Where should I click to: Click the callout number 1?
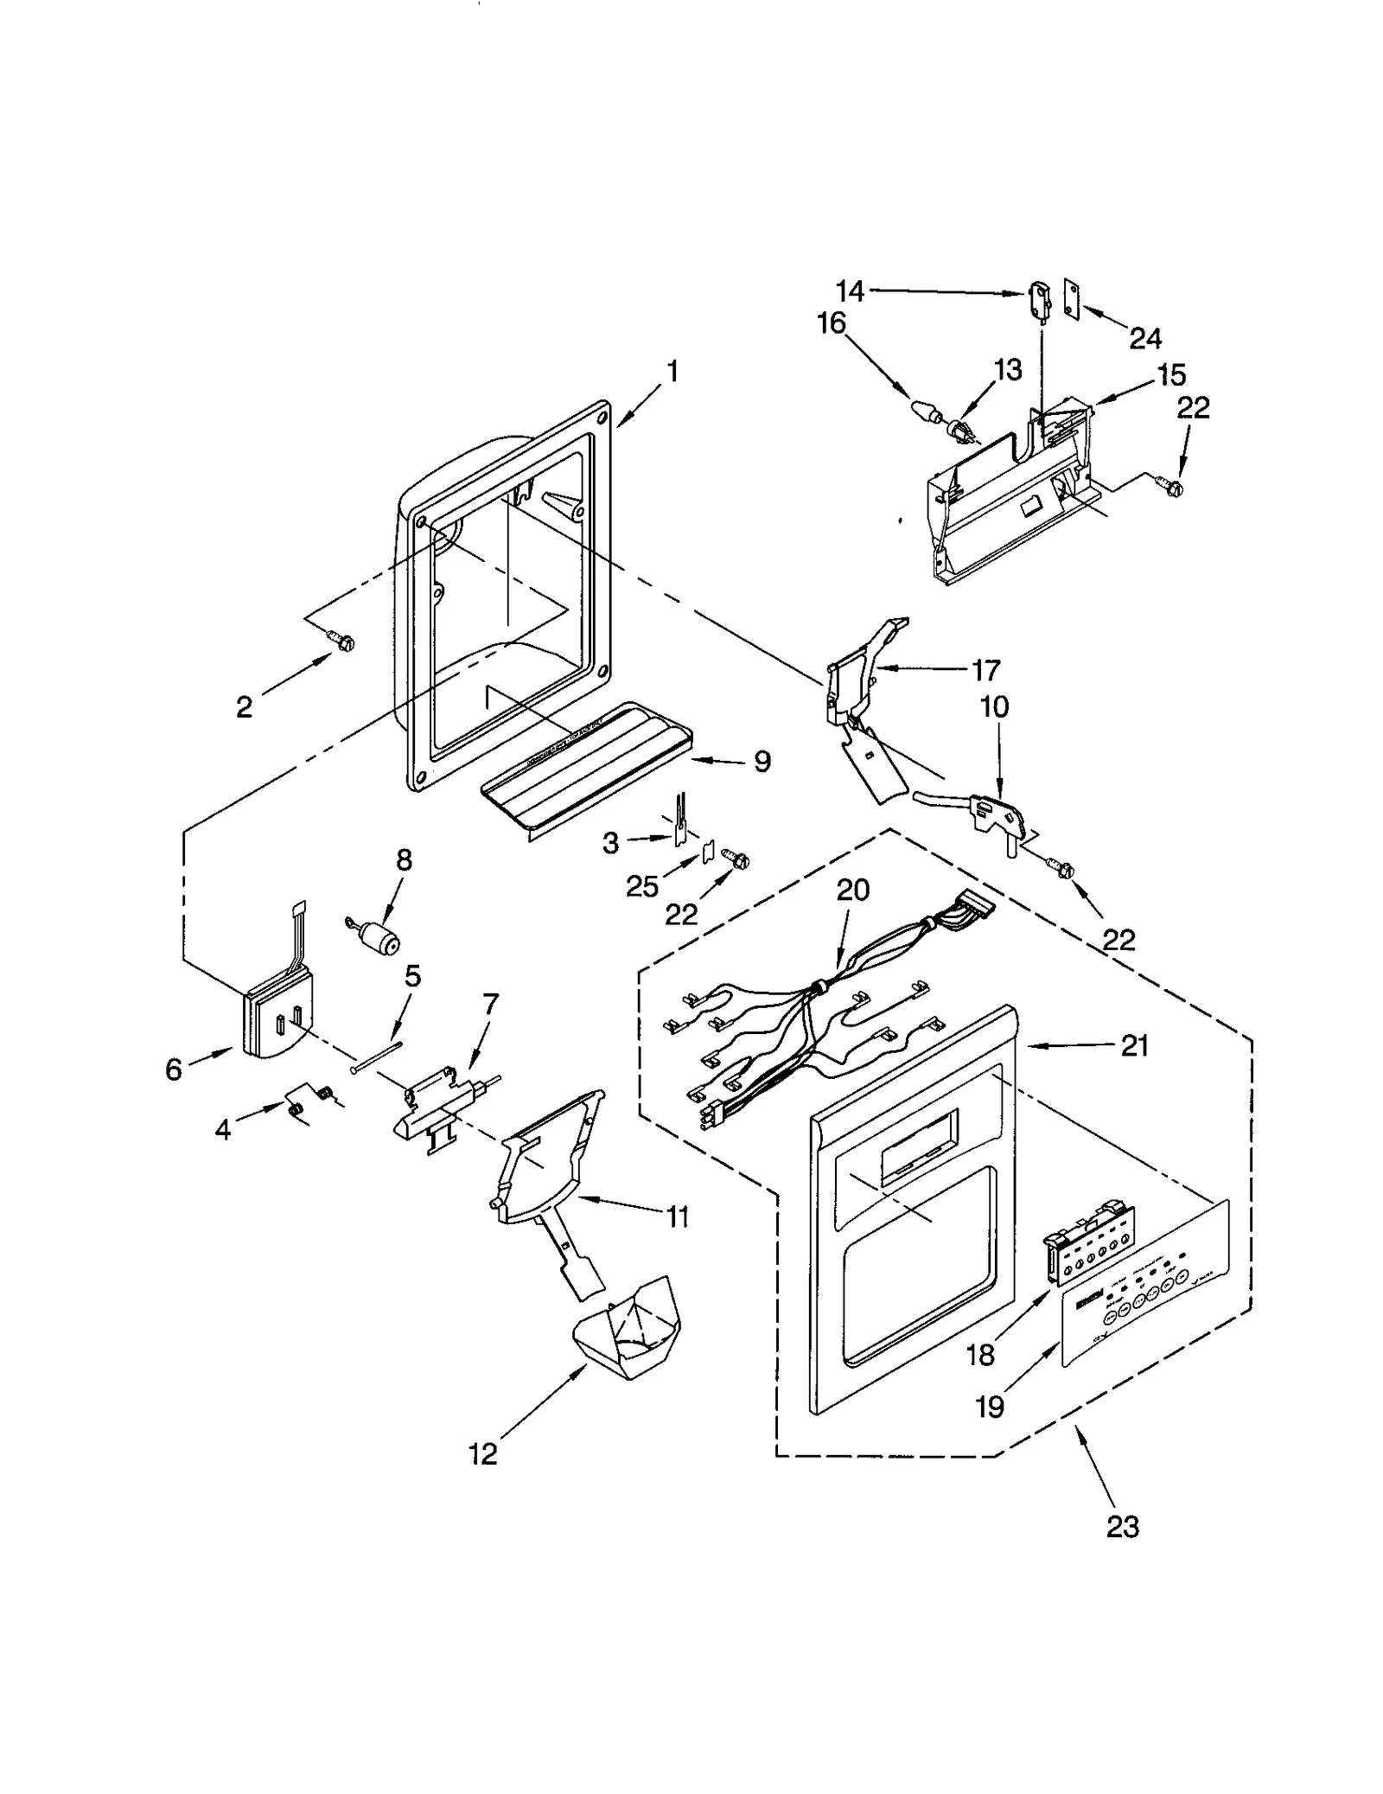pos(672,372)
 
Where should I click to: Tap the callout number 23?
pos(1122,1527)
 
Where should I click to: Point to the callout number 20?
pos(852,890)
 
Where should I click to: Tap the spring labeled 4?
pos(296,1110)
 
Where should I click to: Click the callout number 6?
pos(174,1069)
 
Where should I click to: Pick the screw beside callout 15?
pos(1171,487)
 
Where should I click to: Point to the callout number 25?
pos(642,886)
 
